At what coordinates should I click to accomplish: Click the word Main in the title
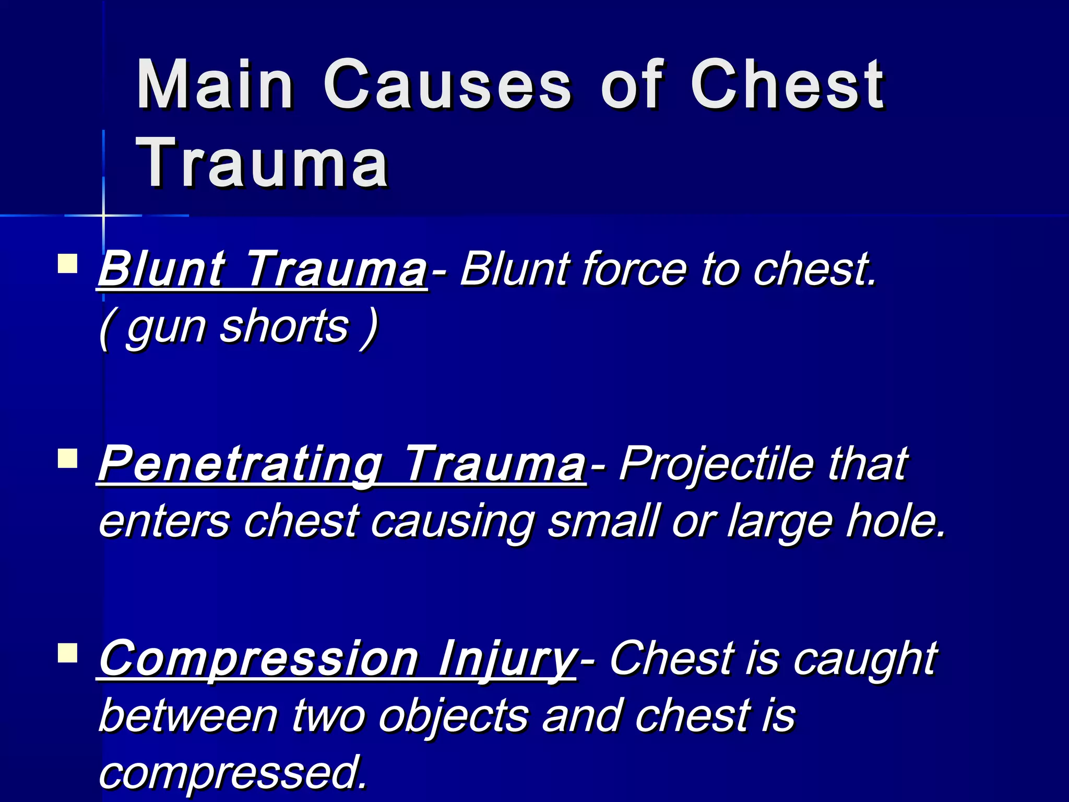[215, 85]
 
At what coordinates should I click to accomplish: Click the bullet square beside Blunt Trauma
[68, 264]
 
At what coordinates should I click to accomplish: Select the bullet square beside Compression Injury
[68, 653]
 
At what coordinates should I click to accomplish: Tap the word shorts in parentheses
[284, 326]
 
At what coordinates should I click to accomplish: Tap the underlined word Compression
[258, 659]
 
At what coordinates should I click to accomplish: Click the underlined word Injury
[506, 659]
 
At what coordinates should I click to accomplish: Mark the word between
[188, 716]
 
